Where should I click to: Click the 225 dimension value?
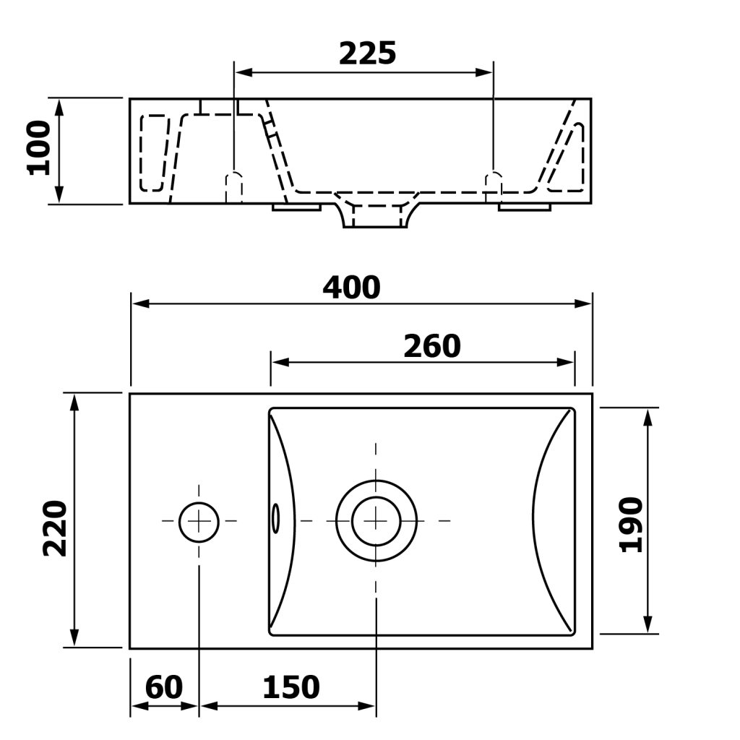(x=368, y=53)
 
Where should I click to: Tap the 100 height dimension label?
(x=39, y=147)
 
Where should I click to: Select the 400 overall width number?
(x=352, y=288)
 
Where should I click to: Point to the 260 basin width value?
(x=432, y=346)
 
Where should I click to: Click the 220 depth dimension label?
(x=55, y=528)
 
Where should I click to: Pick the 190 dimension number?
(x=630, y=525)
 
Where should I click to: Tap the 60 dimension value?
(x=164, y=687)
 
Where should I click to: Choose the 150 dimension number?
(x=291, y=687)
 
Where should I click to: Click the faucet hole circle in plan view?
(x=199, y=502)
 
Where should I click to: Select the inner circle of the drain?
(x=376, y=497)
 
